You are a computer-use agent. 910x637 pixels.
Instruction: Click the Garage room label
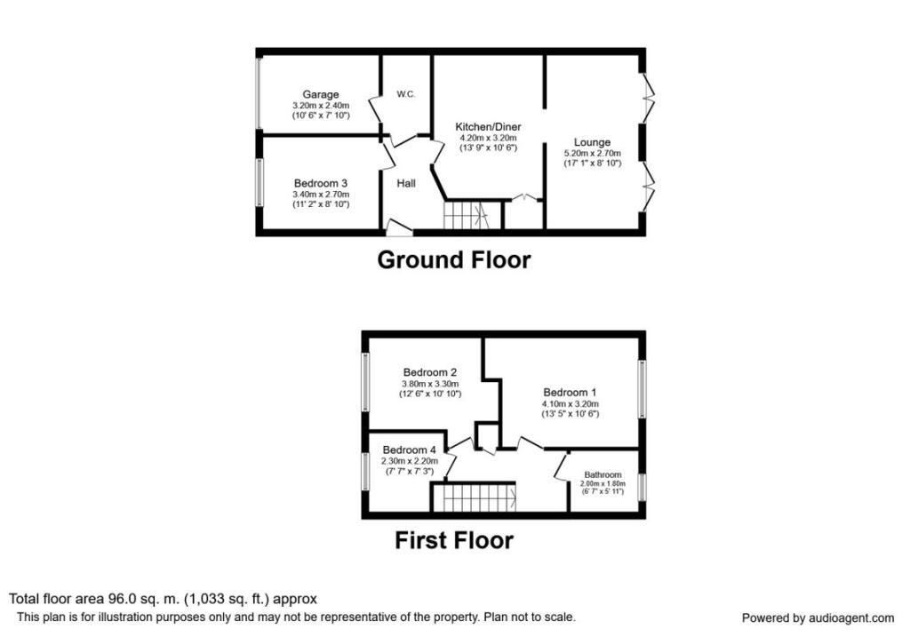(321, 94)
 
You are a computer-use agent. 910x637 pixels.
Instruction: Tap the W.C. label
(406, 94)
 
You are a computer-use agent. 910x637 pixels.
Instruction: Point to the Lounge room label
(592, 142)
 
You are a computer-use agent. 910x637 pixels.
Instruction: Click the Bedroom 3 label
(321, 183)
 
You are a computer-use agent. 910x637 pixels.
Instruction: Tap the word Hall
(406, 183)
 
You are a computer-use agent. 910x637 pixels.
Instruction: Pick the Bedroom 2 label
(429, 372)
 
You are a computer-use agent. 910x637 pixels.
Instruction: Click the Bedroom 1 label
(571, 393)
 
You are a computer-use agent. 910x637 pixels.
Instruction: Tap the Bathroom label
(603, 475)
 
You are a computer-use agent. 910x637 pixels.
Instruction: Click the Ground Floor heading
(454, 260)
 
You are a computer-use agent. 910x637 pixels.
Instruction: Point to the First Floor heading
(454, 540)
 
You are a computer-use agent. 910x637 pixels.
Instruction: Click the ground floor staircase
(466, 215)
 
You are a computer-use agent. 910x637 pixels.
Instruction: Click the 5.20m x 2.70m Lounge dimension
(592, 154)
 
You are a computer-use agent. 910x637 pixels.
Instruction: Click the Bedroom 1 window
(642, 389)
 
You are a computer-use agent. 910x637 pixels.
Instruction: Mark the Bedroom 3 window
(259, 182)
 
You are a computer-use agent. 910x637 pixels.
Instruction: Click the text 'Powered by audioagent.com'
(818, 618)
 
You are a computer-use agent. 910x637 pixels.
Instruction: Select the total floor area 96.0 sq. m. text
(163, 599)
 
